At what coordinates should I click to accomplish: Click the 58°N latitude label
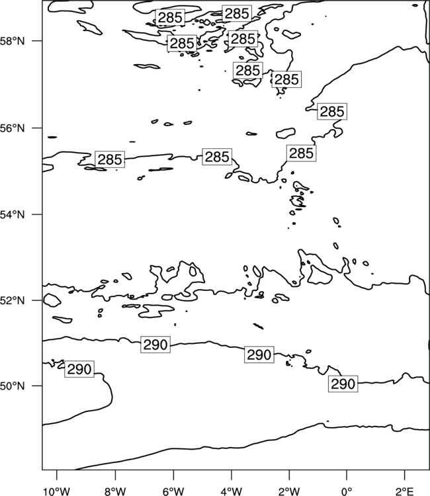tap(13, 41)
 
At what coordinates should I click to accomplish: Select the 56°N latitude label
tap(13, 128)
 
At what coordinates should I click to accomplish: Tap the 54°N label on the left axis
tap(13, 215)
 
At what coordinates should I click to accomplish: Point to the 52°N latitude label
tap(13, 300)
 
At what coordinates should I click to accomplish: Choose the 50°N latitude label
tap(13, 386)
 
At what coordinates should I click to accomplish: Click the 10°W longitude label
tap(57, 491)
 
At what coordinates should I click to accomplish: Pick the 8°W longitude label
tap(115, 491)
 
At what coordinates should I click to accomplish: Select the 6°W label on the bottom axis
tap(173, 491)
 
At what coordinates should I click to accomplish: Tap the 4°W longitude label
tap(232, 491)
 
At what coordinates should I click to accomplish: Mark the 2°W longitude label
tap(289, 491)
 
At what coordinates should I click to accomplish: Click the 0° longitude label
tap(347, 491)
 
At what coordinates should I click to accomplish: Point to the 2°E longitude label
tap(404, 491)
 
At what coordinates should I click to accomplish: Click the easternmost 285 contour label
tap(332, 112)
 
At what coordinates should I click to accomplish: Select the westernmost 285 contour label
tap(110, 159)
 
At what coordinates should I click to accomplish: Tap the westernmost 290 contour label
tap(79, 369)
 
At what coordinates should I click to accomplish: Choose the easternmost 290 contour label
tap(343, 384)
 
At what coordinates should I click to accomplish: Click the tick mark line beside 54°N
tap(37, 214)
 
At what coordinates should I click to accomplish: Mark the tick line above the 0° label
tap(347, 475)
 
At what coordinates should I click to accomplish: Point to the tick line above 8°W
tap(115, 475)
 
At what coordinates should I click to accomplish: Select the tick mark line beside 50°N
tap(37, 386)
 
